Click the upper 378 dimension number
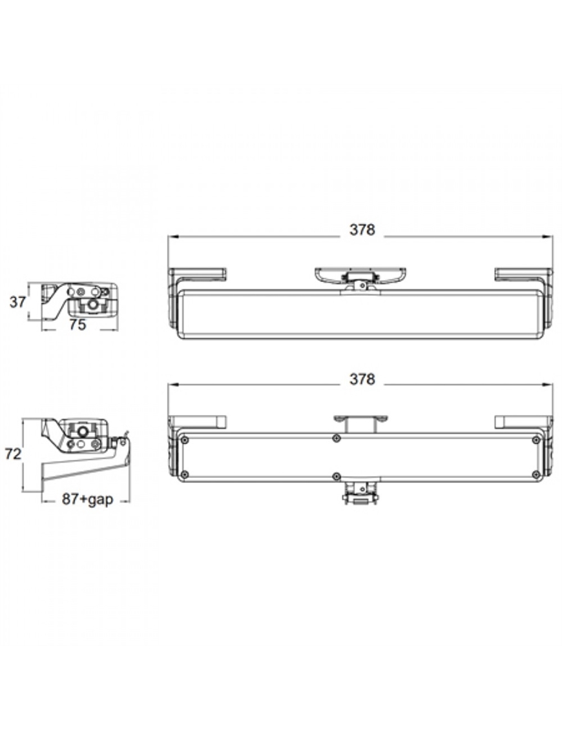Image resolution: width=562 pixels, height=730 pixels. tap(362, 230)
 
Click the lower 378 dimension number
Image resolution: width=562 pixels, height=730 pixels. tap(362, 379)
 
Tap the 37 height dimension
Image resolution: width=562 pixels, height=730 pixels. tap(17, 302)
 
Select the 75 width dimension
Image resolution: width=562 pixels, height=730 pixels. tap(78, 325)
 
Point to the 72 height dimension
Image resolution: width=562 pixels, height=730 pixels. tap(13, 454)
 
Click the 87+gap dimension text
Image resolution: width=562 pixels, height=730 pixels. tap(88, 499)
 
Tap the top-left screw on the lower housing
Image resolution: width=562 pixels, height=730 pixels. tap(185, 439)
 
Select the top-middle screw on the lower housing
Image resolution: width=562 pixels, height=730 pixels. tap(337, 438)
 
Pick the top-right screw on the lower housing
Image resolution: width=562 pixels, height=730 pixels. tap(536, 439)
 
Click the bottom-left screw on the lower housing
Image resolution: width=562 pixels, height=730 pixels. tap(185, 475)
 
